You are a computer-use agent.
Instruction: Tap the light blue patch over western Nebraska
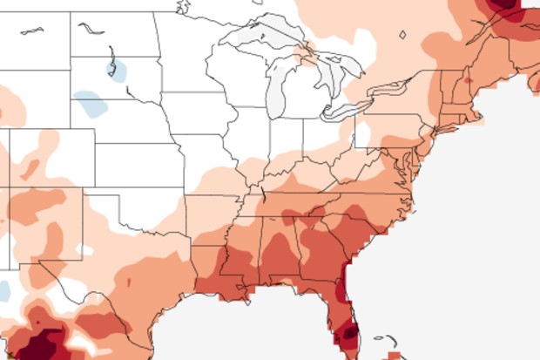click(x=91, y=106)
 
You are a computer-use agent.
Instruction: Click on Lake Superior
click(x=261, y=37)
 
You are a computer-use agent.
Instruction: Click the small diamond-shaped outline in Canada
click(x=402, y=36)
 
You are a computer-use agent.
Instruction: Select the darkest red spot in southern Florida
click(x=349, y=331)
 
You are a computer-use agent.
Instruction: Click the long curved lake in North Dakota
click(x=91, y=28)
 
